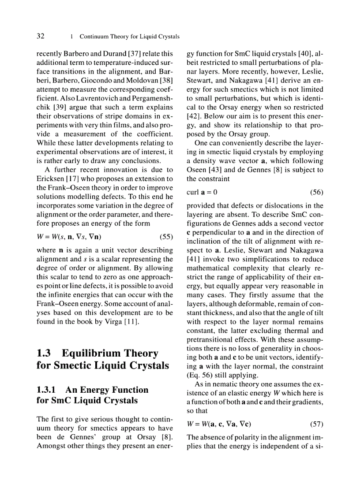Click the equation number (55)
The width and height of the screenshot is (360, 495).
pyautogui.click(x=166, y=236)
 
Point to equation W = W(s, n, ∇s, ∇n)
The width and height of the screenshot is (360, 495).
pyautogui.click(x=68, y=236)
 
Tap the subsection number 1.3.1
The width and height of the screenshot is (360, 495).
pyautogui.click(x=48, y=390)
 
